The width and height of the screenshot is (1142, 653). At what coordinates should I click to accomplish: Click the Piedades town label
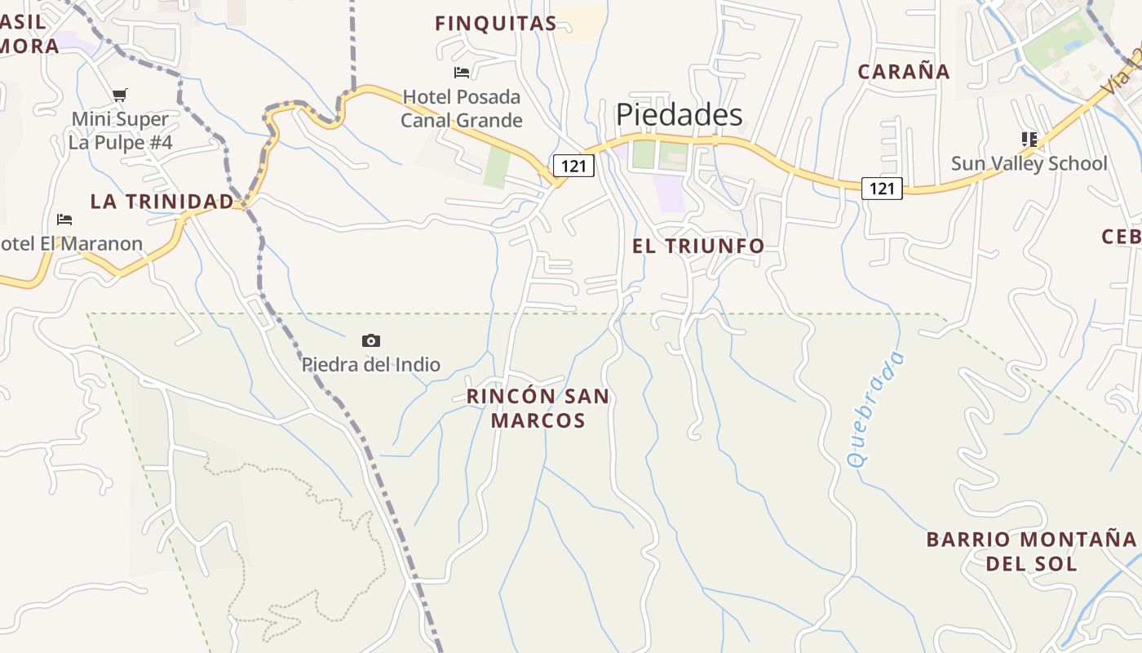[x=679, y=115]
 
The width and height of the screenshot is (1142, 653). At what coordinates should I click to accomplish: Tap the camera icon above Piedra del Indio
[x=371, y=340]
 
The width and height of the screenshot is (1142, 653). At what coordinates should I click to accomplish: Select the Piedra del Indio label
[x=371, y=365]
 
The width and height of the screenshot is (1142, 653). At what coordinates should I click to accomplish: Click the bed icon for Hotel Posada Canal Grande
[x=462, y=73]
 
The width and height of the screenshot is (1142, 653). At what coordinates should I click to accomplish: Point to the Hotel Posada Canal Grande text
[x=462, y=109]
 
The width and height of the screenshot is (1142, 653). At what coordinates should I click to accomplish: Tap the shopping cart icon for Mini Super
[x=120, y=95]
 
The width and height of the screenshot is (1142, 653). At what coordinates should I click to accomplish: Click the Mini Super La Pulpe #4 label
[x=120, y=131]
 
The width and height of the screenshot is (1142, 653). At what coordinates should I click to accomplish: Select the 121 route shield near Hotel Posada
[x=573, y=167]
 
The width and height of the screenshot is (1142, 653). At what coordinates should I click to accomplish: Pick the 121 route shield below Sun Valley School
[x=882, y=189]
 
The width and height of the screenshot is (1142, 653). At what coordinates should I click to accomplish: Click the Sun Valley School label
[x=1029, y=163]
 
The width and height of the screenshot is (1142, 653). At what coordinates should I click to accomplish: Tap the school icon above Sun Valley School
[x=1029, y=140]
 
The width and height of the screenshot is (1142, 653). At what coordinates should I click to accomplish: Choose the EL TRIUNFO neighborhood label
[x=698, y=246]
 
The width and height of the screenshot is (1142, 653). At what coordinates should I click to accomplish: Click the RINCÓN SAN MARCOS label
[x=538, y=408]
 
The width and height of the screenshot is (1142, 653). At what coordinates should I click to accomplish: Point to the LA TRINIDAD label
[x=162, y=202]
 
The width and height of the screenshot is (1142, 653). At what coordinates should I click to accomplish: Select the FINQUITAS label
[x=496, y=24]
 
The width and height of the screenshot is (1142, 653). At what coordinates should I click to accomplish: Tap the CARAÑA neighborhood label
[x=904, y=72]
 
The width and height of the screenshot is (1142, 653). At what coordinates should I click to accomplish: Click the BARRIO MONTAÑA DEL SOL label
[x=1031, y=551]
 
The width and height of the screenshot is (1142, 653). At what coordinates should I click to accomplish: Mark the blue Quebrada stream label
[x=876, y=408]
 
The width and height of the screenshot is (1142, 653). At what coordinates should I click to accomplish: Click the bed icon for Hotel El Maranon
[x=64, y=220]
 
